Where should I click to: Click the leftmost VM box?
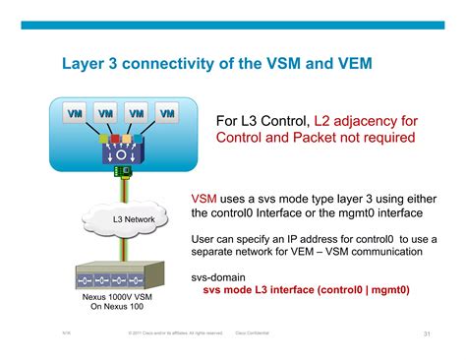[x=74, y=114]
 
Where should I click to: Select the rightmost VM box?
[x=168, y=114]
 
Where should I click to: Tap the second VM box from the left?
[x=105, y=114]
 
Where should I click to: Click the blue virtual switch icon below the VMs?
[x=123, y=150]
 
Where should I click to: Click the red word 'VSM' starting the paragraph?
[x=204, y=198]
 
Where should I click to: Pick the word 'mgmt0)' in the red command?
[x=387, y=291]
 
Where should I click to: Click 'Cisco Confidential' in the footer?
[x=254, y=333]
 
